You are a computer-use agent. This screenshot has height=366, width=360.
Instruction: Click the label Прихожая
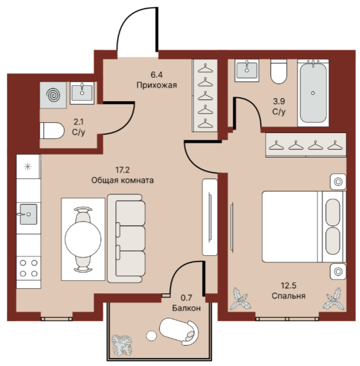[x=157, y=85]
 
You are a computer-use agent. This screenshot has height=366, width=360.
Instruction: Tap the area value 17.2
[x=123, y=170]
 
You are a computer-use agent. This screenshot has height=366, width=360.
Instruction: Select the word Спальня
[x=288, y=296]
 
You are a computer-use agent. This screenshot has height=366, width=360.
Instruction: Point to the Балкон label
[x=186, y=308]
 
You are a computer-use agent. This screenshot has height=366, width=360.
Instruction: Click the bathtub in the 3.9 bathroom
[x=313, y=93]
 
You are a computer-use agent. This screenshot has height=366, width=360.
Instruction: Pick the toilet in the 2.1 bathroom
[x=52, y=131]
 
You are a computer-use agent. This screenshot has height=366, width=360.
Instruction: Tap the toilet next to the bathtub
[x=279, y=71]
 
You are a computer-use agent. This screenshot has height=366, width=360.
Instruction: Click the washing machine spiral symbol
[x=53, y=95]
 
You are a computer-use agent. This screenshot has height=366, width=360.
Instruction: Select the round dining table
[x=83, y=239]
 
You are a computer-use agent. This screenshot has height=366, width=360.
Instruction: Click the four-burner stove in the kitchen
[x=28, y=268]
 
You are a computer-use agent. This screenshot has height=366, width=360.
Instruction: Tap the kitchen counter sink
[x=28, y=214]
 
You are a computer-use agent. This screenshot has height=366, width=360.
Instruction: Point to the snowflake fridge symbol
[x=28, y=167]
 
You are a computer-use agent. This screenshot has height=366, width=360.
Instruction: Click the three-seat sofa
[x=127, y=238]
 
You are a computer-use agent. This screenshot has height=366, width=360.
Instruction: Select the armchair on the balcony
[x=179, y=331]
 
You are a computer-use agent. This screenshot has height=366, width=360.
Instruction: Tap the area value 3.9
[x=279, y=101]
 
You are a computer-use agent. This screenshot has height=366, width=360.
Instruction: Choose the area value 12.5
[x=288, y=285]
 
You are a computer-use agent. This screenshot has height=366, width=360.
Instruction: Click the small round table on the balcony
[x=151, y=336]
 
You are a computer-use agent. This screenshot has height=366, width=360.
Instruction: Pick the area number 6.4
[x=157, y=74]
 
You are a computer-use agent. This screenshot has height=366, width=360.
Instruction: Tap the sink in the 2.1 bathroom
[x=82, y=93]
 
